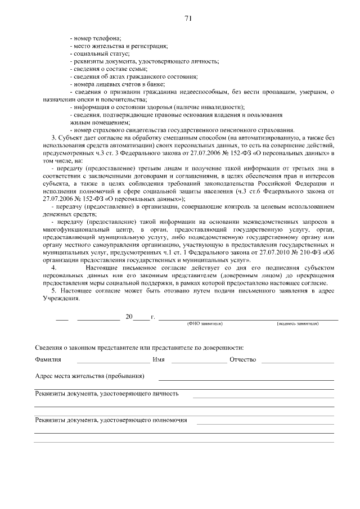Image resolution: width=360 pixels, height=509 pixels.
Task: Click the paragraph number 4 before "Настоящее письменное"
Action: tap(53, 268)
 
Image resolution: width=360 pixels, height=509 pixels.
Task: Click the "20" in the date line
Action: tap(129, 317)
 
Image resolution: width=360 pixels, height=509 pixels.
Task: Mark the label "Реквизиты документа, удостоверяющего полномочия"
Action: tap(111, 420)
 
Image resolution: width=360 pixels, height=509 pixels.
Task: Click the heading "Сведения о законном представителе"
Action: tap(139, 348)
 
